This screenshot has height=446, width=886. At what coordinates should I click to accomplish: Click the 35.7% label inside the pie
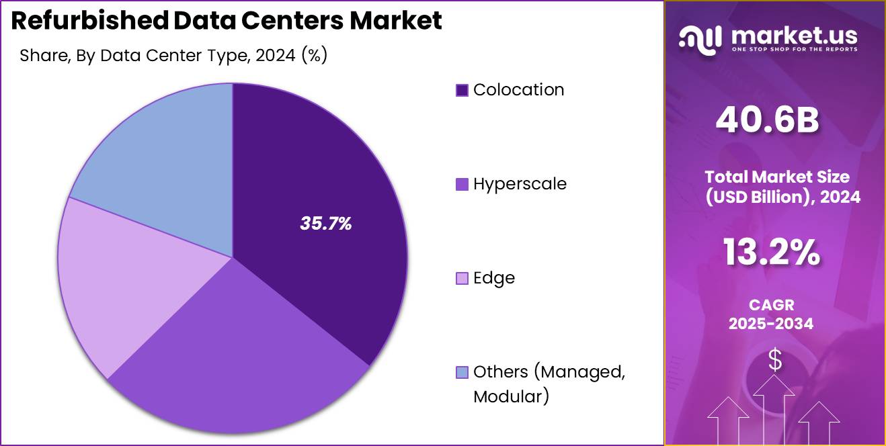pyautogui.click(x=326, y=224)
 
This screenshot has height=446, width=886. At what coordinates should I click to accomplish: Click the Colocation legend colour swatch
pyautogui.click(x=462, y=90)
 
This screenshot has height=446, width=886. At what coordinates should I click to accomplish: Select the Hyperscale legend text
pyautogui.click(x=520, y=183)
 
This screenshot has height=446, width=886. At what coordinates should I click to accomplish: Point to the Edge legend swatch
pyautogui.click(x=462, y=278)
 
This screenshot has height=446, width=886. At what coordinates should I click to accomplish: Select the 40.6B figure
pyautogui.click(x=767, y=121)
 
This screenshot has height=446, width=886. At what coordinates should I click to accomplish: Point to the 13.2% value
pyautogui.click(x=771, y=253)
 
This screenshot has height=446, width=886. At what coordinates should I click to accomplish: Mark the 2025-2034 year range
pyautogui.click(x=771, y=323)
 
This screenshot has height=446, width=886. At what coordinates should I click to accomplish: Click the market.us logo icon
pyautogui.click(x=700, y=38)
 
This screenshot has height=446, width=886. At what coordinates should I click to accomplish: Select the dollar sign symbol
pyautogui.click(x=775, y=361)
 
